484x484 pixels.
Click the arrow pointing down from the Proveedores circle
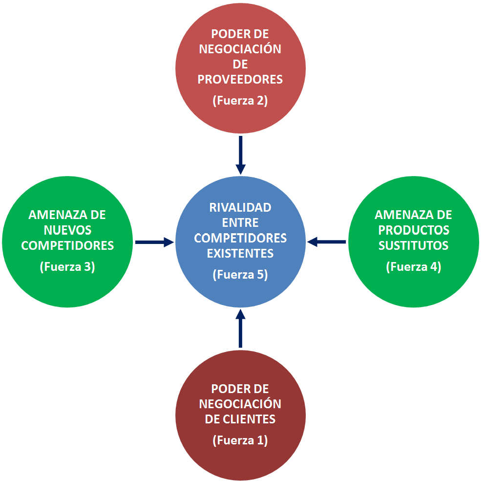click(240, 154)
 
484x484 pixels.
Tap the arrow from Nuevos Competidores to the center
click(154, 242)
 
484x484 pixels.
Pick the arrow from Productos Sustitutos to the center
click(327, 242)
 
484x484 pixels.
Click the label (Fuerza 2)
click(240, 101)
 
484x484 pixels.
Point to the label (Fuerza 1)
click(240, 440)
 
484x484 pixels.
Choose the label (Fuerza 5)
click(240, 275)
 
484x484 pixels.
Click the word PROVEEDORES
click(240, 80)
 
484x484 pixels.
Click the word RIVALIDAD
click(240, 207)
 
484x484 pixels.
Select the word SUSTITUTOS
click(414, 245)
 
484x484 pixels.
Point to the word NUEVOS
click(67, 230)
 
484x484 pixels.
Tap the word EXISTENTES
click(240, 254)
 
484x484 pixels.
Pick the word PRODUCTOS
click(414, 230)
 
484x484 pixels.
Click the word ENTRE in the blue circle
click(240, 223)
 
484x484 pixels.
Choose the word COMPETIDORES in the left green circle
click(67, 245)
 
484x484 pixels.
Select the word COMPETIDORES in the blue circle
click(240, 238)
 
